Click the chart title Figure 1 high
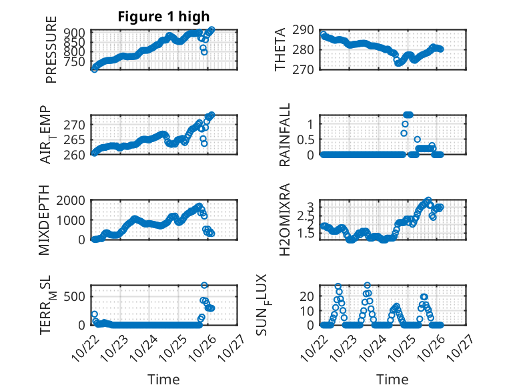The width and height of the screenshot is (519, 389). coord(163,17)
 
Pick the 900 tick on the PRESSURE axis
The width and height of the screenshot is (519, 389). coord(75,32)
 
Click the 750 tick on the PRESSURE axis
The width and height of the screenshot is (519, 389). coord(75,61)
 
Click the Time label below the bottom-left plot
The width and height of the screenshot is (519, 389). coord(163,379)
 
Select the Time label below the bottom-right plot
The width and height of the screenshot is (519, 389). coord(393,379)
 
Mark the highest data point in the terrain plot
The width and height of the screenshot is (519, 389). coord(204,286)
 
